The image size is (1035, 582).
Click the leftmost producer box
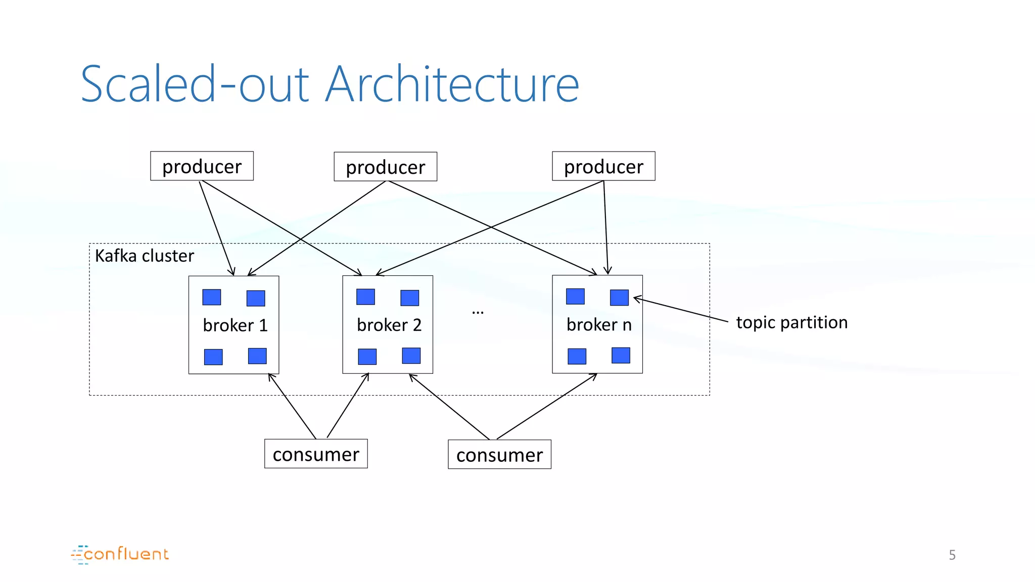coord(202,166)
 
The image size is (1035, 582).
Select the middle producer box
coord(385,167)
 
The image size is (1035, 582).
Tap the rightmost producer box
coord(603,166)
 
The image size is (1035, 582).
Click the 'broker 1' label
coord(235,325)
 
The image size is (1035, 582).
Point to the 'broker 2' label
coord(389,325)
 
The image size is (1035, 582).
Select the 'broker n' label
coord(599,324)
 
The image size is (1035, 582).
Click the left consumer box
coord(316,454)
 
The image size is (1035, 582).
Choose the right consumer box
coord(499,455)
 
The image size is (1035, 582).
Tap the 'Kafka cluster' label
coord(145,256)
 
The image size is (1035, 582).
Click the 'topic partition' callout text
coord(791,322)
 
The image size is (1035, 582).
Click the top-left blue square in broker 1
coord(212,297)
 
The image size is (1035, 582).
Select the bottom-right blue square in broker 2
coord(411,356)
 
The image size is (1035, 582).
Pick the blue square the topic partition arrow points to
coord(619,298)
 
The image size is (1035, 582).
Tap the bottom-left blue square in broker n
coord(577,356)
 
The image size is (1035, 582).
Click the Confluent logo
coord(120,554)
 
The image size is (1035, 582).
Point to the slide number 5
coord(952,555)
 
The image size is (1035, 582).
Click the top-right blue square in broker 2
coord(410,298)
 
